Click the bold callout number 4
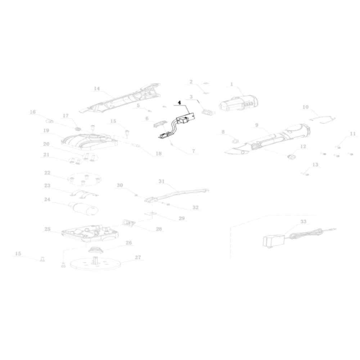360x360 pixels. pos(180,102)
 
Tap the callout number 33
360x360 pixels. pos(303,221)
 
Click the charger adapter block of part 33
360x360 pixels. pos(274,241)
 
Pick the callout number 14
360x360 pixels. pos(97,89)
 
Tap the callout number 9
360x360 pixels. pos(257,125)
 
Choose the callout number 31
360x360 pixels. pos(162,181)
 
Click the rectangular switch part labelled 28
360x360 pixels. pos(129,222)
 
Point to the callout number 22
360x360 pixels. pos(47,173)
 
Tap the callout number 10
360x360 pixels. pos(305,107)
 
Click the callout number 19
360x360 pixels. pos(46,130)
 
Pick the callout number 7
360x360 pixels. pos(194,151)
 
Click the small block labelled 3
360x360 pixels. pos(208,112)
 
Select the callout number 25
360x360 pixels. pos(47,229)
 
